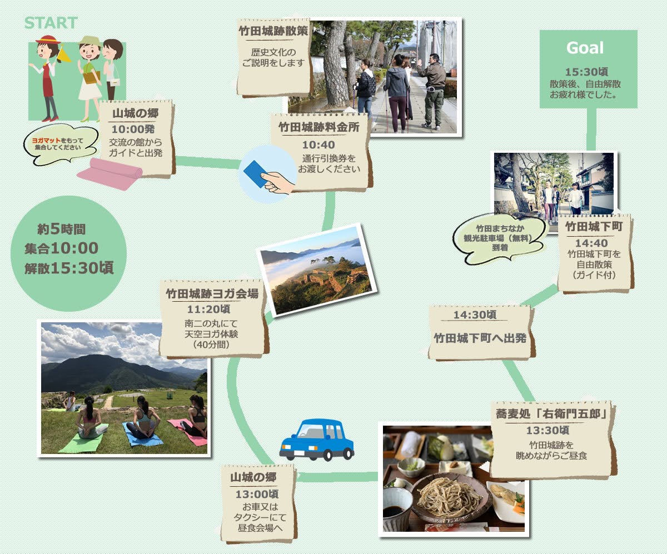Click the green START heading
pos(51,23)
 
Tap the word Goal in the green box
pos(585,48)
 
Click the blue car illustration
pos(317,440)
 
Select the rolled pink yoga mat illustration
pos(110,173)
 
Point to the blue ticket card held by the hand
pos(256,174)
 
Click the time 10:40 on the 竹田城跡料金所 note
pos(318,145)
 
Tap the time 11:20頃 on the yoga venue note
pos(208,309)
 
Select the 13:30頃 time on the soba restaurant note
pos(547,430)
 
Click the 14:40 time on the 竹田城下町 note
pos(591,243)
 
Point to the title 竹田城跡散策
pos(273,31)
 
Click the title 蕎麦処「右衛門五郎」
pos(551,413)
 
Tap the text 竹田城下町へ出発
pos(480,338)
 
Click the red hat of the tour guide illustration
pos(48,40)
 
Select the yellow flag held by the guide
pos(64,54)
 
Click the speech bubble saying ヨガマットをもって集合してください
pos(60,144)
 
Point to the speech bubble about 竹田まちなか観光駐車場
pos(499,238)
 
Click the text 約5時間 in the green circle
pos(61,229)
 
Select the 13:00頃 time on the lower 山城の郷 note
pos(257,494)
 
